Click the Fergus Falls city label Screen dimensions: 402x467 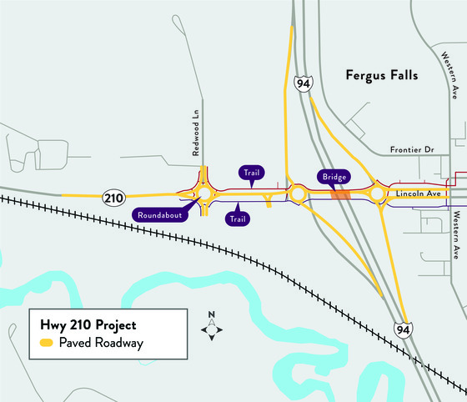tap(381, 76)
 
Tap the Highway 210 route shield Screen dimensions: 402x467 tap(114, 197)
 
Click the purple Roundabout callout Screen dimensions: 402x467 tap(162, 213)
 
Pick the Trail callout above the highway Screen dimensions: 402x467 tap(250, 173)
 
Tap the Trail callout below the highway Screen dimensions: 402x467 tap(238, 219)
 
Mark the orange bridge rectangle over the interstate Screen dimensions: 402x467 tap(340, 194)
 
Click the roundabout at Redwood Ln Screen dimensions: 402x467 tap(204, 194)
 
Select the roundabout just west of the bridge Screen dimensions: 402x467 tap(297, 195)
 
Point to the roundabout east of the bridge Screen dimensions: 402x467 tap(378, 195)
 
